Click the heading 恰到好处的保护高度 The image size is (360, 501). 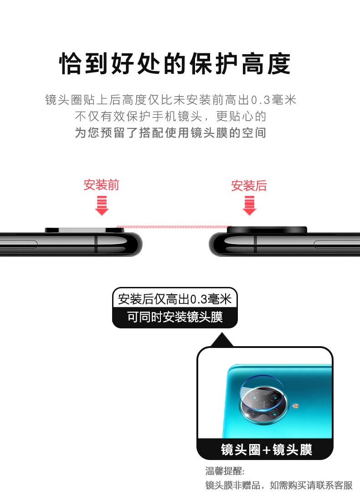pos(175,64)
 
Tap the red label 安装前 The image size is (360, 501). pos(101,185)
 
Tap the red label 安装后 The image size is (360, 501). pos(249,185)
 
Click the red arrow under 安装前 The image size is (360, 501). pos(102,205)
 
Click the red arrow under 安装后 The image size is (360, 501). pos(249,205)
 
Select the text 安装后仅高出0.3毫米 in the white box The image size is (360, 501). pos(175,299)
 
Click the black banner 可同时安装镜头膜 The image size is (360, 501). pos(175,317)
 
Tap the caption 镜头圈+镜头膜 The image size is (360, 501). pos(267,450)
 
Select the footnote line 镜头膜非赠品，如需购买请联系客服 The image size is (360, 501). pos(279,486)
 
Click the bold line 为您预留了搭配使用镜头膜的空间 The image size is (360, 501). pos(170,133)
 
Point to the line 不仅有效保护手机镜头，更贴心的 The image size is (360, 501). pos(170,116)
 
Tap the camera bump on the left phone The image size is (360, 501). pos(84,230)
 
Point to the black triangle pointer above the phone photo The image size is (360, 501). pos(222,339)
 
